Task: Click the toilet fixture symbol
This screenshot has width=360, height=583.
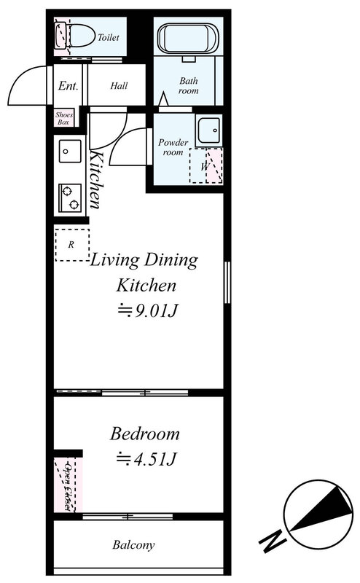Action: (x=74, y=36)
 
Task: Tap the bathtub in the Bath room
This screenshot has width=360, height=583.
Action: (x=188, y=39)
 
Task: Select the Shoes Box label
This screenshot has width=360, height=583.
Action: (x=63, y=118)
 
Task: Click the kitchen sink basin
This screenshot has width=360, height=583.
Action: (x=70, y=151)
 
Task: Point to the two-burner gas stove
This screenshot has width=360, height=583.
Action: (x=70, y=197)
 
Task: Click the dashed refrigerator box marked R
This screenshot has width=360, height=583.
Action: (x=72, y=245)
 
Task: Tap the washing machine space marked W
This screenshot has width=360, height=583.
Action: (x=206, y=166)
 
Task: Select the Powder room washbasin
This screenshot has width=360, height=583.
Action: (x=208, y=130)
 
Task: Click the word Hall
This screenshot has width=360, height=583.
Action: (x=119, y=86)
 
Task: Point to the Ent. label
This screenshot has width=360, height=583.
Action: (x=68, y=86)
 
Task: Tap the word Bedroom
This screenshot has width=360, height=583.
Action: (x=145, y=434)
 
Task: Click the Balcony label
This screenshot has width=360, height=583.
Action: (x=133, y=545)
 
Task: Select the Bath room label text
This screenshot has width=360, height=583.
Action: (x=189, y=86)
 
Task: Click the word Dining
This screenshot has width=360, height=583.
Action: (x=171, y=261)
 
